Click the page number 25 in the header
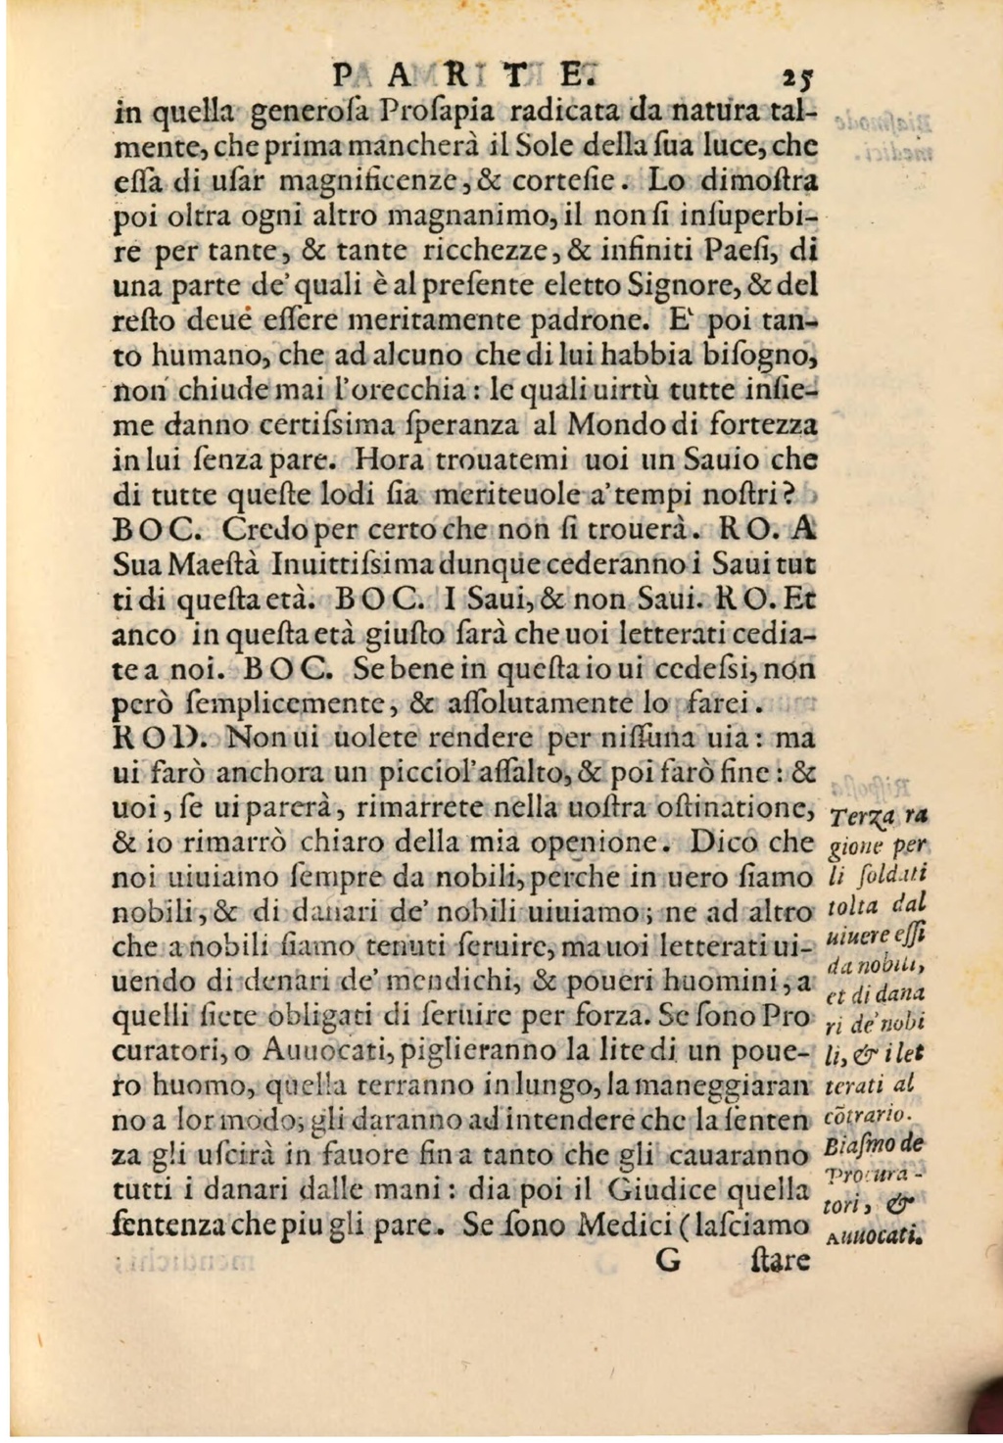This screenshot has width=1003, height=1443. coord(792,75)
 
